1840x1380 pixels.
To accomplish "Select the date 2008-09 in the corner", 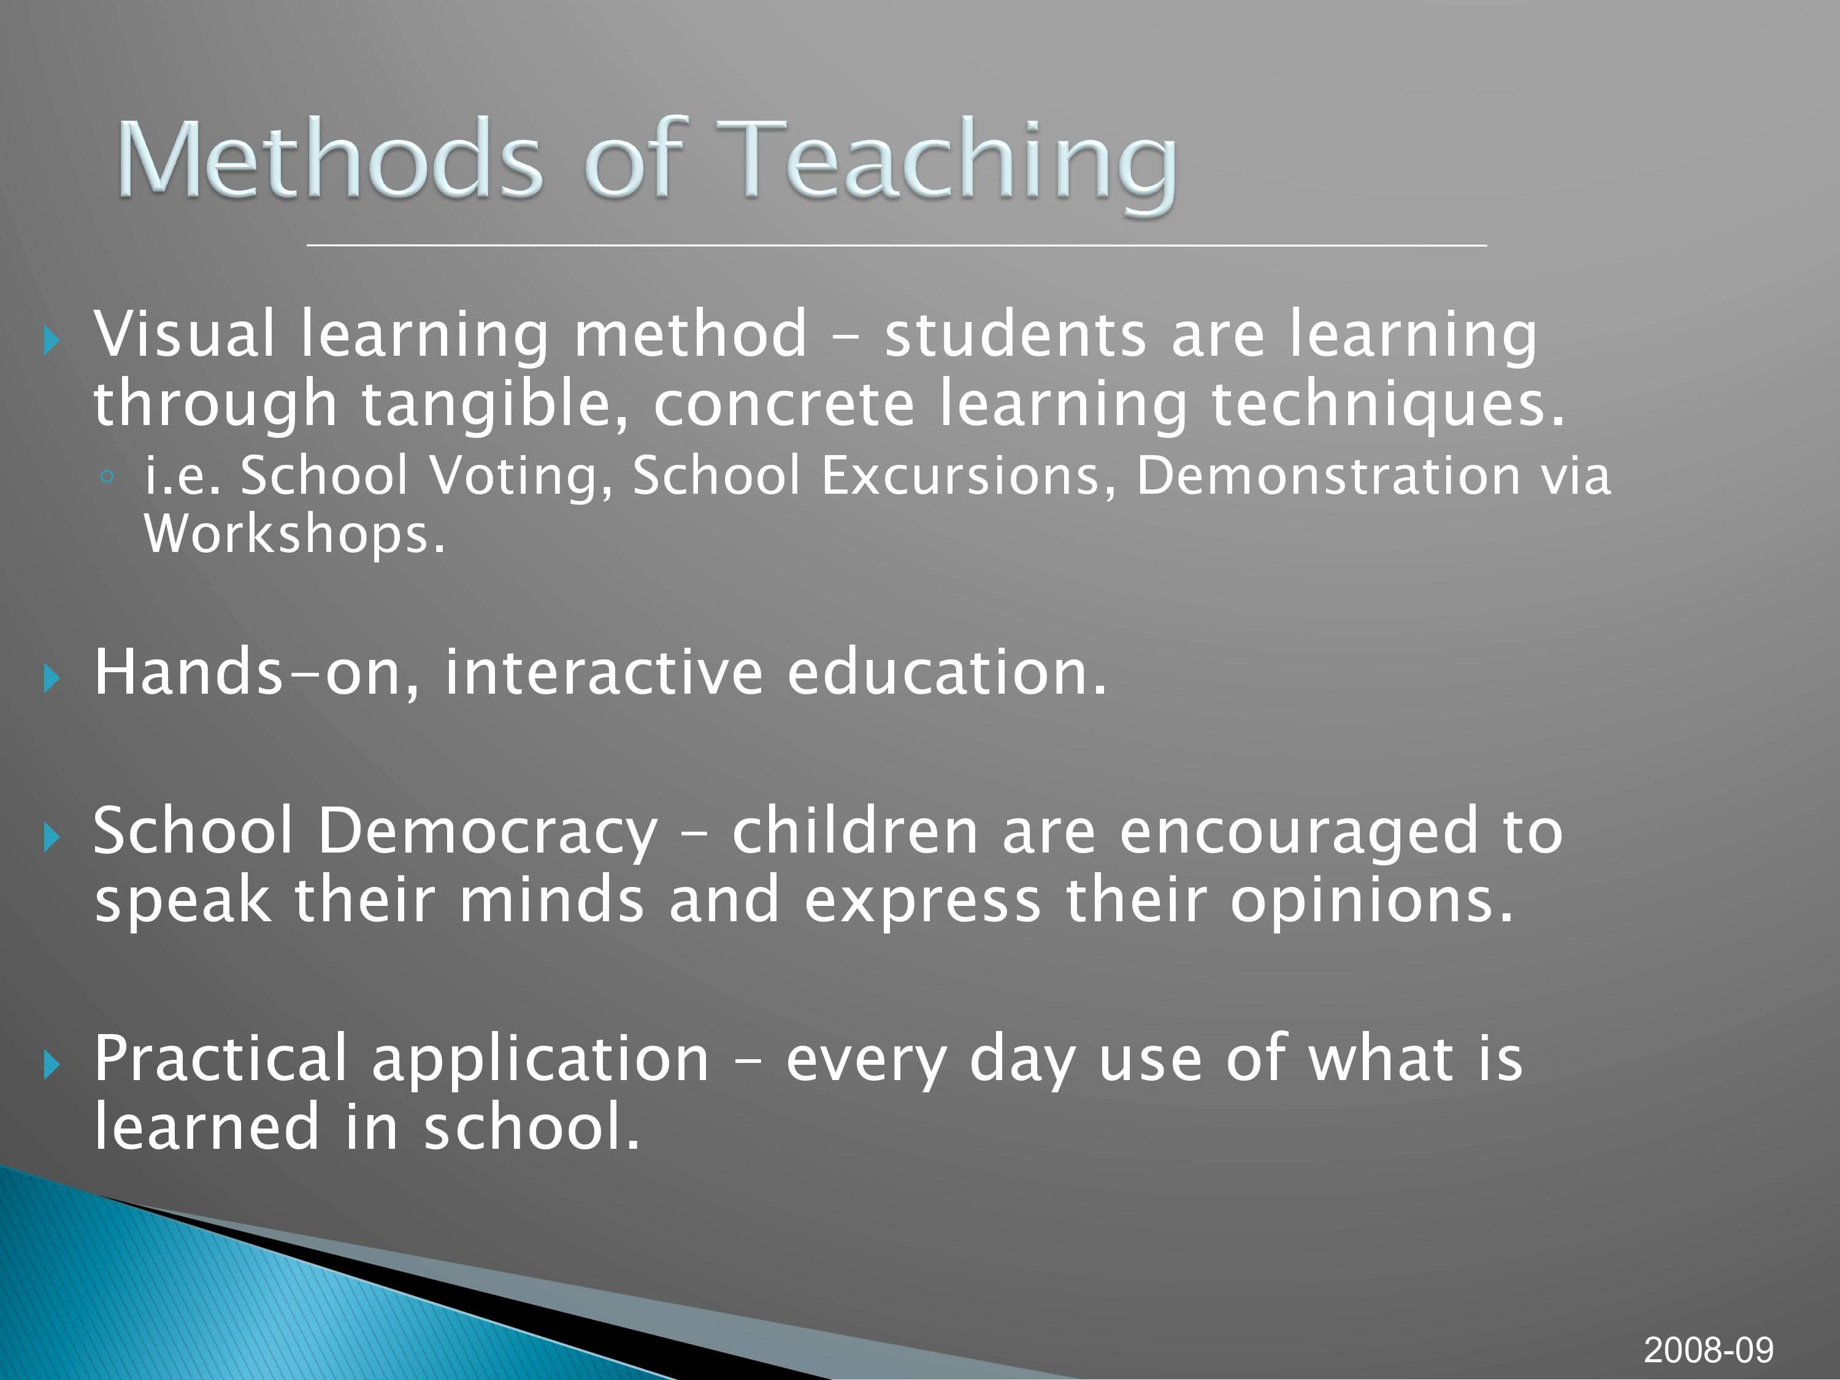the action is click(1709, 1349).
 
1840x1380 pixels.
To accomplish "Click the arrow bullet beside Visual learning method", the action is click(52, 339).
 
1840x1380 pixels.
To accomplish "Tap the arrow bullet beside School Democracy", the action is click(52, 837).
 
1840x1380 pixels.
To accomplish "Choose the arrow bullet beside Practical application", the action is click(52, 1064).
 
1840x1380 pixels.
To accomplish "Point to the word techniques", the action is click(1387, 405).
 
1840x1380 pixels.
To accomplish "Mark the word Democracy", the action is click(488, 833).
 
